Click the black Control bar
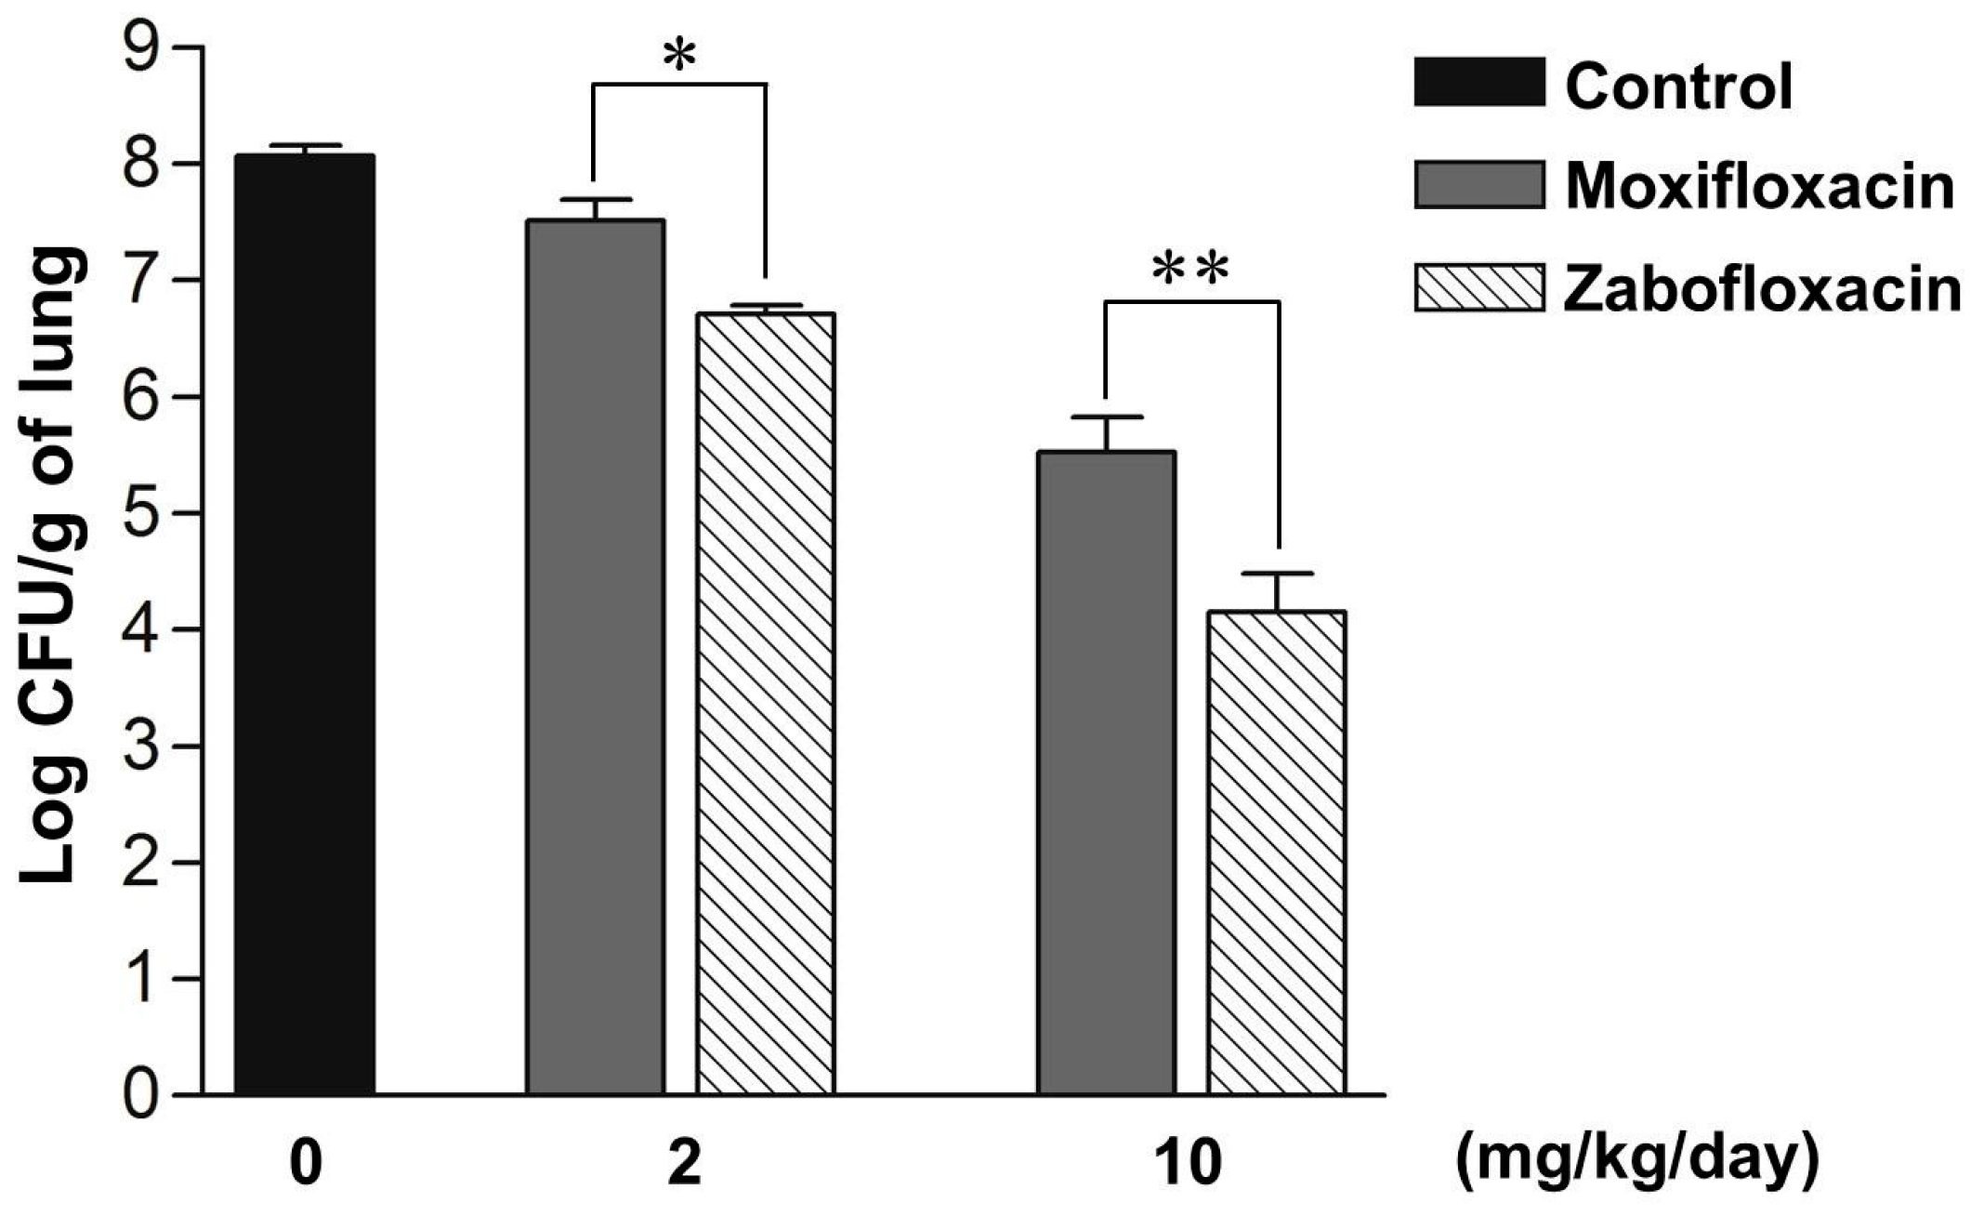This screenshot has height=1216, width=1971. tap(304, 623)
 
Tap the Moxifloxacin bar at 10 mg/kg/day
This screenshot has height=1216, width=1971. tap(1106, 772)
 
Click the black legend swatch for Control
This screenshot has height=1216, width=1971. tap(1479, 83)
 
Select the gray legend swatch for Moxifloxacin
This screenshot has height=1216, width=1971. tap(1479, 185)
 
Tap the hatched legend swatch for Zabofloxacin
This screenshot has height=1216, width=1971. tap(1479, 287)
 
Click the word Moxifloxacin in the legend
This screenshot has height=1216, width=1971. tap(1759, 187)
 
